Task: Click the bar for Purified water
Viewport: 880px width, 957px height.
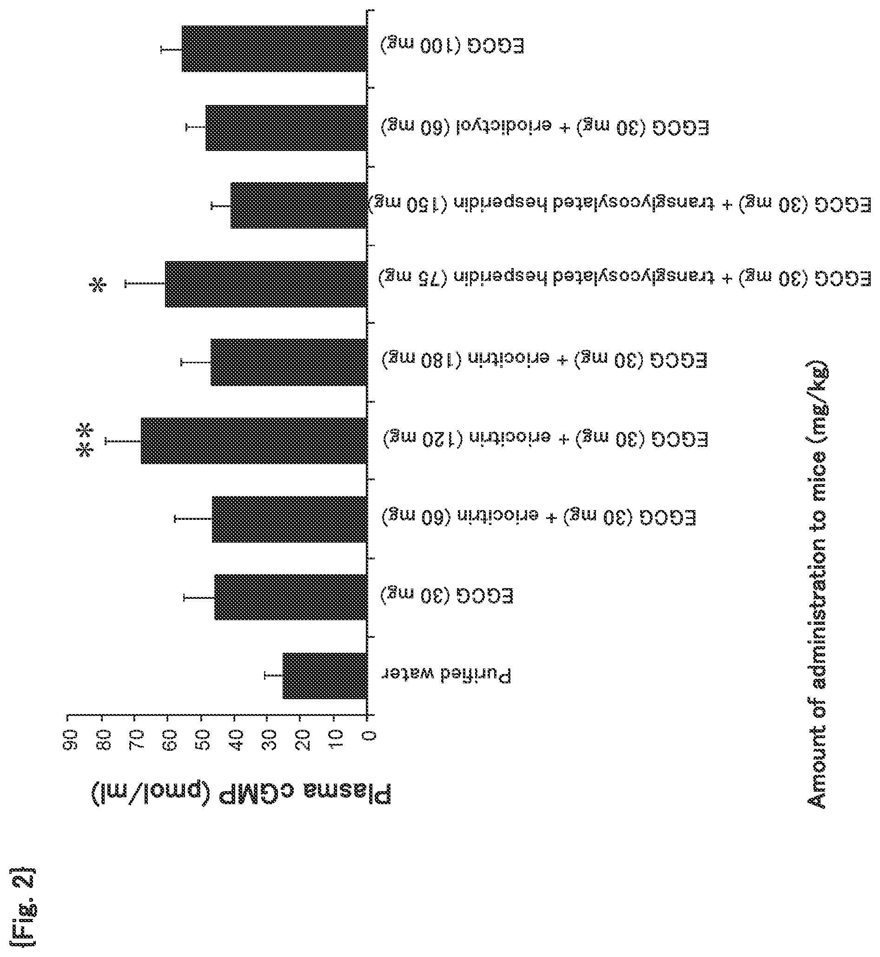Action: [x=325, y=676]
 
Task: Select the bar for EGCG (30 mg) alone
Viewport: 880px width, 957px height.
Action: [x=291, y=597]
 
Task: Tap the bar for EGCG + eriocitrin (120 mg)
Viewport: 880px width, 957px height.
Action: [x=254, y=441]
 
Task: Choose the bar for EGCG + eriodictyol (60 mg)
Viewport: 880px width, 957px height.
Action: [x=286, y=128]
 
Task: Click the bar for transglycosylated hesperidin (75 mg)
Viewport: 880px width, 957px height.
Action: [x=266, y=284]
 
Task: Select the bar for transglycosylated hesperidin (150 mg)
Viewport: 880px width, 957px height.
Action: [x=298, y=205]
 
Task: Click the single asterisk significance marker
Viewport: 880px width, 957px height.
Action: [x=98, y=286]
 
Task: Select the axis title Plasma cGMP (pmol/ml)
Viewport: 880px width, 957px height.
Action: [x=241, y=795]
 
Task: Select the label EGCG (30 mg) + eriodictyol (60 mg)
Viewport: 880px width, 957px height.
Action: [x=545, y=128]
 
